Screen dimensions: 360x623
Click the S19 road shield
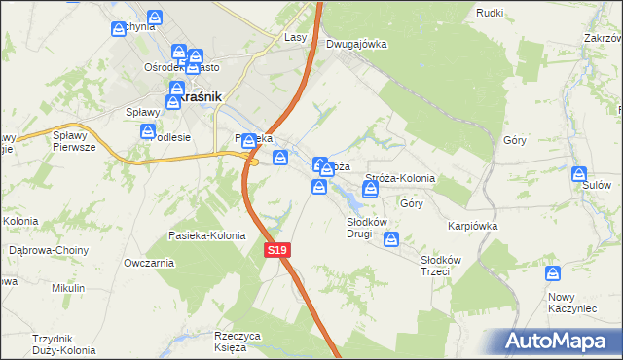point(277,251)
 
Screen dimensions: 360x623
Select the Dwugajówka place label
point(356,44)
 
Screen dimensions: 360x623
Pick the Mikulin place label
point(69,288)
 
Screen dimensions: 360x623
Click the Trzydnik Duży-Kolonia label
point(61,344)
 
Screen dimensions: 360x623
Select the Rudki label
point(490,13)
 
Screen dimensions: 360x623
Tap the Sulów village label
point(596,183)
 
